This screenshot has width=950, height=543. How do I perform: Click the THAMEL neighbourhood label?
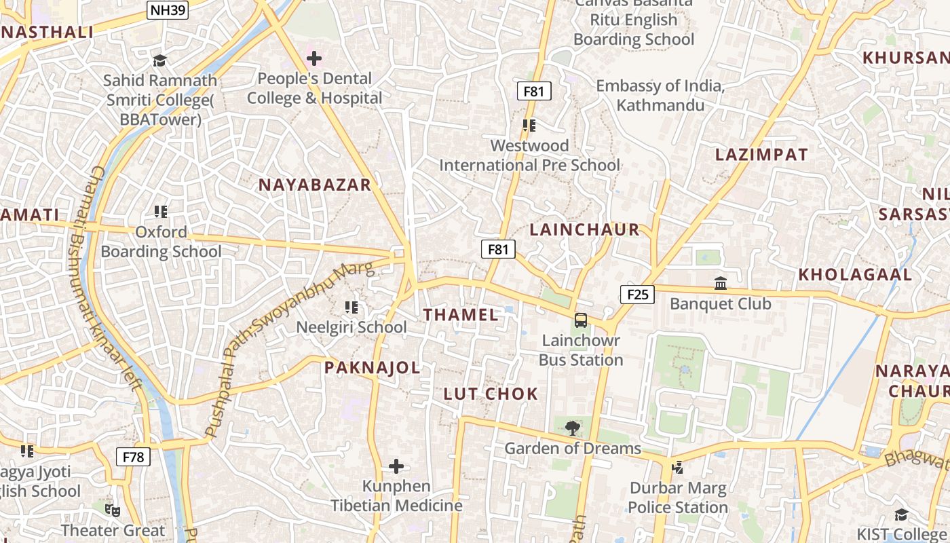[461, 314]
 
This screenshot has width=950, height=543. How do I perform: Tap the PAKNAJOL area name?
[372, 368]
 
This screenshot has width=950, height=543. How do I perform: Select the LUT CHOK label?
[491, 394]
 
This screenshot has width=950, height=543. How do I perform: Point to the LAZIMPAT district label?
[761, 155]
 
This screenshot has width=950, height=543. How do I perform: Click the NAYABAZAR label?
[315, 185]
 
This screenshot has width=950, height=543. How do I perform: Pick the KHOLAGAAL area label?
[855, 275]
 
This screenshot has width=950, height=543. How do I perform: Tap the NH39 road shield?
[167, 10]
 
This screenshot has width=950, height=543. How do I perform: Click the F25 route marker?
[637, 294]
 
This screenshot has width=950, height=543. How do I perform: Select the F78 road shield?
[133, 457]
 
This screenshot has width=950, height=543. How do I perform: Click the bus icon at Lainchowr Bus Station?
[581, 320]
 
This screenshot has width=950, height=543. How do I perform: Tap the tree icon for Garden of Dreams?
[573, 428]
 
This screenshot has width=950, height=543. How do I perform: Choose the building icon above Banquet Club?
[721, 282]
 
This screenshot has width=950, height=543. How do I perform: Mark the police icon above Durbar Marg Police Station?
[677, 467]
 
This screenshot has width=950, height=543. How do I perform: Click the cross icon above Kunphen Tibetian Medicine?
[396, 466]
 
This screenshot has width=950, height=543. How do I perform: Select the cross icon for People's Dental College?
[314, 58]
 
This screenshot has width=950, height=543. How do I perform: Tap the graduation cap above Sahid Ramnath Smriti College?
[159, 60]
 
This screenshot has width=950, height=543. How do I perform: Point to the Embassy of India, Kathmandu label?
[660, 96]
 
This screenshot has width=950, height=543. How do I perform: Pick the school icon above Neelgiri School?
[351, 307]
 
